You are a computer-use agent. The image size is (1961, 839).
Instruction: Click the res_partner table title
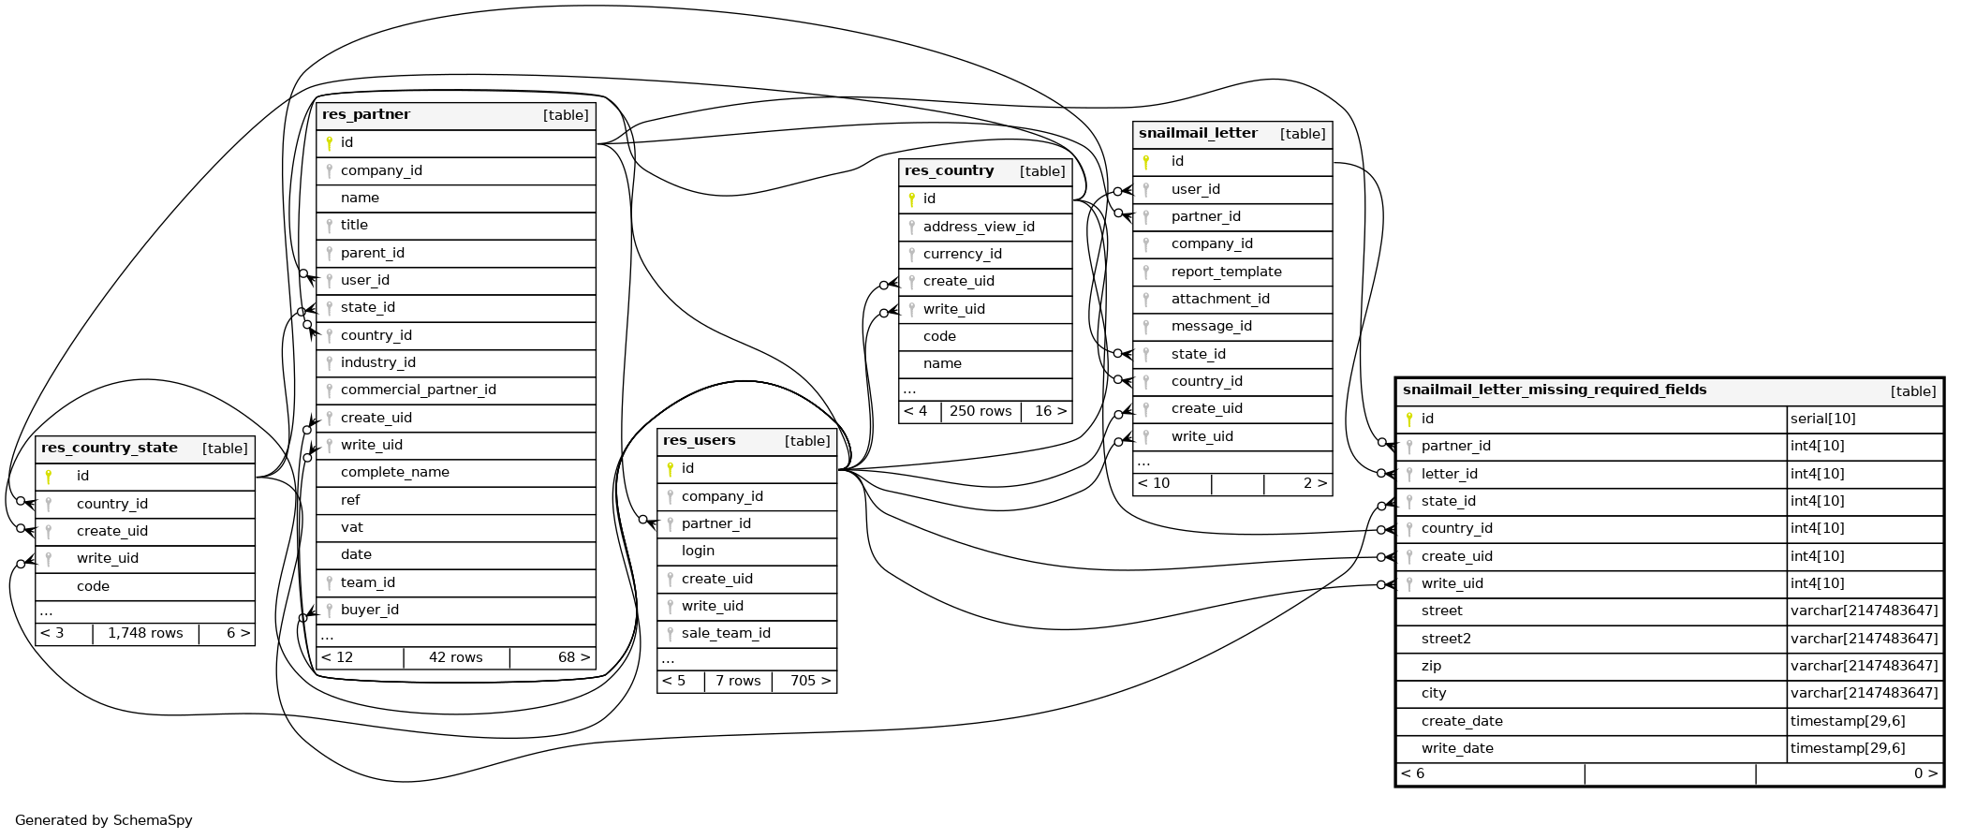point(366,115)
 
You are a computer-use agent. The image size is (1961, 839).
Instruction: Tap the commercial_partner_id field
point(418,390)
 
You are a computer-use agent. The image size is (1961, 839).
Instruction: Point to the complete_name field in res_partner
point(394,472)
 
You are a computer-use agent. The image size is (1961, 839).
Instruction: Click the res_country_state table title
point(110,449)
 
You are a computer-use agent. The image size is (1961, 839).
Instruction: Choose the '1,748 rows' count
point(145,633)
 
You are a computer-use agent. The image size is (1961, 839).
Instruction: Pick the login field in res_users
point(698,551)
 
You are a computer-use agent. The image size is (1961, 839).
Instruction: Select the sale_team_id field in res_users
point(726,633)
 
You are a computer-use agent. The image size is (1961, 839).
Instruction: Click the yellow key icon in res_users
point(671,468)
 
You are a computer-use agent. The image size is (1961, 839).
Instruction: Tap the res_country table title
point(949,171)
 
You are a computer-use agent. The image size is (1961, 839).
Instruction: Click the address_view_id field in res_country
point(979,227)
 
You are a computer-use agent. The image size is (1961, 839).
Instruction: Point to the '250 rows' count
point(980,411)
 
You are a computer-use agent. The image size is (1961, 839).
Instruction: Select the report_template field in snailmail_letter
point(1226,272)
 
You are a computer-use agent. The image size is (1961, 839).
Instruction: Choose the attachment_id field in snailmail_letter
point(1220,299)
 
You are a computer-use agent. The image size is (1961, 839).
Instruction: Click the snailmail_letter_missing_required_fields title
point(1554,390)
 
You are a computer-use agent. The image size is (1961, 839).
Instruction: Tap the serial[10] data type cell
point(1822,419)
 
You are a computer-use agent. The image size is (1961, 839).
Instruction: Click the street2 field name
point(1446,639)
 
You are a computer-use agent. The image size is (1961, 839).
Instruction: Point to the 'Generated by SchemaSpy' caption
point(104,820)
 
